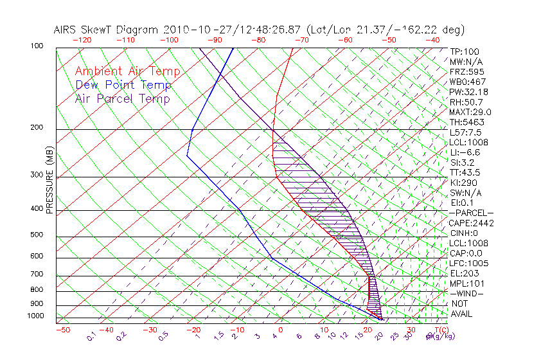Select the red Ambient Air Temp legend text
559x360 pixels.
[127, 72]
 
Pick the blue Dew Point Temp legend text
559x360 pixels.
[123, 85]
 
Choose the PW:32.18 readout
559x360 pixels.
[468, 92]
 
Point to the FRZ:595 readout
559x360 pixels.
[466, 72]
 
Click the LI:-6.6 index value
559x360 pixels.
[465, 152]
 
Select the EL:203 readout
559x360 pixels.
[464, 273]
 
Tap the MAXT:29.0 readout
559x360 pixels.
[470, 113]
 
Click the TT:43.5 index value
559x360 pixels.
[465, 172]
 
